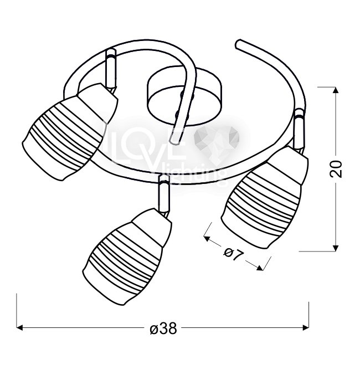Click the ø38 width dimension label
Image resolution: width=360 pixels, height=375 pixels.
(163, 328)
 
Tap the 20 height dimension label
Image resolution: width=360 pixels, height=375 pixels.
(336, 169)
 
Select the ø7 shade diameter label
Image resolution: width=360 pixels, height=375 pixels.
(233, 254)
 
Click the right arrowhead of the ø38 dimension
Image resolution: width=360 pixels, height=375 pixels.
(306, 328)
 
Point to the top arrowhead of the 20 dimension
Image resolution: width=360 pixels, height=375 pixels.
(336, 90)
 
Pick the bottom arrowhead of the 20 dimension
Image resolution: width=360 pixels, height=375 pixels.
(336, 248)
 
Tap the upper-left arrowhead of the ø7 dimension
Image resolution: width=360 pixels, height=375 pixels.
(207, 238)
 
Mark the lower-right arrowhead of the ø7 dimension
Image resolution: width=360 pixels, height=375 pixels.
(260, 268)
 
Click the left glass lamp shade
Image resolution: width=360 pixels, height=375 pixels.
(69, 131)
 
